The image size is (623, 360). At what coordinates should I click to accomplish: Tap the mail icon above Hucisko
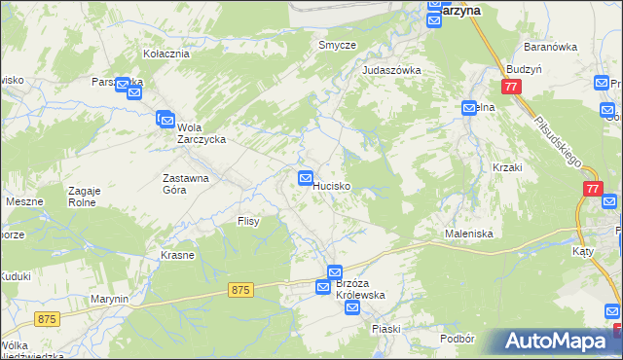305,178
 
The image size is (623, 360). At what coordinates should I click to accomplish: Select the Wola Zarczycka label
202,132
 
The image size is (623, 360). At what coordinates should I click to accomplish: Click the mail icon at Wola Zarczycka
165,118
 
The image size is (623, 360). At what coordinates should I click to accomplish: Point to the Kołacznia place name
165,54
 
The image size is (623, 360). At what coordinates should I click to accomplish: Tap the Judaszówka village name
390,70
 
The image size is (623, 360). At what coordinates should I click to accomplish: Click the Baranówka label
550,47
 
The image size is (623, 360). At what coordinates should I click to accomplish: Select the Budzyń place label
523,70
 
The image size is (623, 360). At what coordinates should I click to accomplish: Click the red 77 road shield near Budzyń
514,88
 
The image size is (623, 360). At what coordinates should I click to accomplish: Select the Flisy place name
248,222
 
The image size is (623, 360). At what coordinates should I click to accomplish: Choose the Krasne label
177,255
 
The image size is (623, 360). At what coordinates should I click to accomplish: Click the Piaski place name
385,329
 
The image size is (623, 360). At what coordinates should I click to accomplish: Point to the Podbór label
456,338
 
